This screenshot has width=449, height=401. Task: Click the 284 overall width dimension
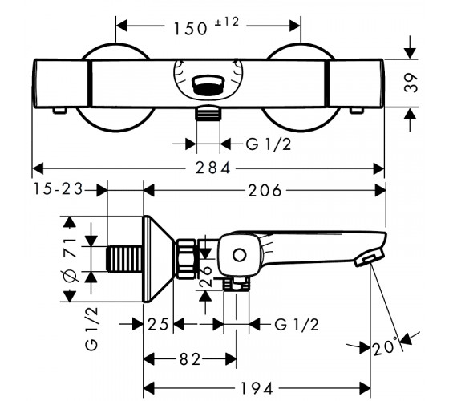point(212,168)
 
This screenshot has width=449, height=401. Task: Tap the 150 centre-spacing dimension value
point(191,29)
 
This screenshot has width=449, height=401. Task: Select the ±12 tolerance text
point(227,22)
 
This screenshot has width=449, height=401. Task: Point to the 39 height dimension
point(411,83)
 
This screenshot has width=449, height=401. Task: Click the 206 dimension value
point(265,191)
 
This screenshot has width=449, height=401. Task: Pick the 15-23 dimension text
point(59,189)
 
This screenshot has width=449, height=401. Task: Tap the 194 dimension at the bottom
point(257,388)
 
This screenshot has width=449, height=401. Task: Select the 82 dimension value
point(190,359)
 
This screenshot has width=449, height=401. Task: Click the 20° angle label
point(385,346)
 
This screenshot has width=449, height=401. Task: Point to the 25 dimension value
point(158,325)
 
